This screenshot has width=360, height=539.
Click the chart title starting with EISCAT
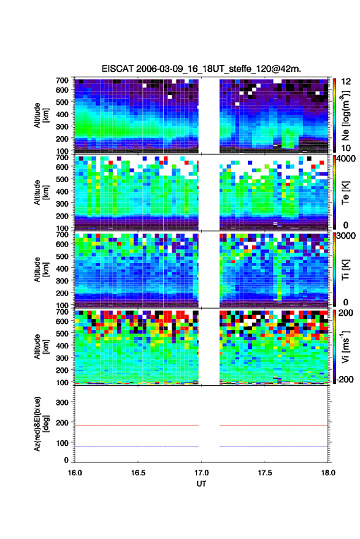[x=201, y=69]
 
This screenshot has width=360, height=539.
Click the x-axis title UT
[x=201, y=484]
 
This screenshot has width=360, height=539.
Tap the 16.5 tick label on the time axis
[x=138, y=473]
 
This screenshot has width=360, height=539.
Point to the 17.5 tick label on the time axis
[x=265, y=473]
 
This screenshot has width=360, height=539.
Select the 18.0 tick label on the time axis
[x=328, y=473]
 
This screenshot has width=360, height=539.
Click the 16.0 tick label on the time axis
[x=75, y=473]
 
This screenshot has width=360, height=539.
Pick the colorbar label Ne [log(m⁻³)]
[x=345, y=115]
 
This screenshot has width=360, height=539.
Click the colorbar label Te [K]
[x=345, y=193]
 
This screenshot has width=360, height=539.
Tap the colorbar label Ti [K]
[x=345, y=270]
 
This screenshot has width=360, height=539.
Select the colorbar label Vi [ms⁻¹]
[x=345, y=346]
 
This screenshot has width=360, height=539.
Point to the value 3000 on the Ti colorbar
[x=346, y=235]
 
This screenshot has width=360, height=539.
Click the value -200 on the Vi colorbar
[x=345, y=379]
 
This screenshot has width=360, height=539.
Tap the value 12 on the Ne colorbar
[x=346, y=82]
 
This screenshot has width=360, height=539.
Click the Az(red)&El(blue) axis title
[x=42, y=424]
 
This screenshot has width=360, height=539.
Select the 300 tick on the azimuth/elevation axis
[x=62, y=402]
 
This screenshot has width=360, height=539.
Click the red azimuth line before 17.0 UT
[x=137, y=426]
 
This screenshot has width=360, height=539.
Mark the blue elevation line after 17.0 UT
[x=274, y=446]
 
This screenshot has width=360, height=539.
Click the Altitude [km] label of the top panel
[x=41, y=115]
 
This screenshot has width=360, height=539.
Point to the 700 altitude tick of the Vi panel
[x=62, y=312]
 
